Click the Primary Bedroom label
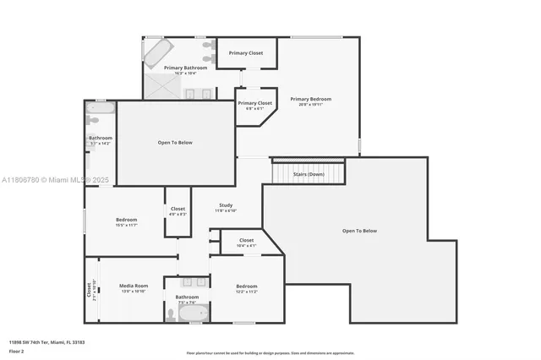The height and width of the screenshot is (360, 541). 310,99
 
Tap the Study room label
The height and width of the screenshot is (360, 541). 226,205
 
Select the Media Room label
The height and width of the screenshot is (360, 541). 133,286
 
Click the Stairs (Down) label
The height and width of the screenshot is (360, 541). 308,174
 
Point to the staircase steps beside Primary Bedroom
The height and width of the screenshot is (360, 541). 308,172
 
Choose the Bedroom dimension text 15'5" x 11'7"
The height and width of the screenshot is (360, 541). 126,225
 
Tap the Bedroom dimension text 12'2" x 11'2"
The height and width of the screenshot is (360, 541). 246,292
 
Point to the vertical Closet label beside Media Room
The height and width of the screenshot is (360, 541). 89,290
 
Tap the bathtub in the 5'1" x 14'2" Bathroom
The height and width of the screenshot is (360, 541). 100,108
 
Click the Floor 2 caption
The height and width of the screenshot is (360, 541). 16,351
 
